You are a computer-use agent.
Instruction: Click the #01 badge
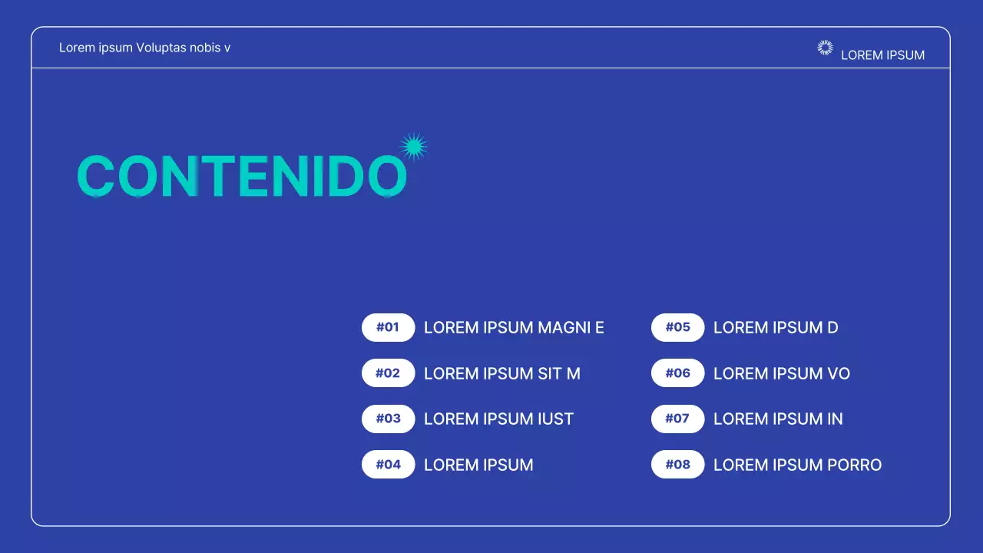click(388, 327)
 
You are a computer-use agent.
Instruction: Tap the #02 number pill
click(388, 373)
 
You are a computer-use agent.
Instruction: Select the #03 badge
click(388, 419)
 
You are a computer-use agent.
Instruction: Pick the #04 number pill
click(388, 465)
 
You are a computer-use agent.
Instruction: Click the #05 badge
click(677, 327)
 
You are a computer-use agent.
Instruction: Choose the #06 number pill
click(677, 373)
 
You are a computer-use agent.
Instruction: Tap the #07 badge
click(677, 419)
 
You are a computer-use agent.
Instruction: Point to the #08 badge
click(677, 465)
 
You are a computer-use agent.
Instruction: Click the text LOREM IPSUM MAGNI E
click(514, 328)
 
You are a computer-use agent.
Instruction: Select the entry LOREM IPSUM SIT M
click(501, 374)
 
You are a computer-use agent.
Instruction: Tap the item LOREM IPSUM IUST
click(498, 419)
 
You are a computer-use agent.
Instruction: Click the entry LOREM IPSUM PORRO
click(797, 465)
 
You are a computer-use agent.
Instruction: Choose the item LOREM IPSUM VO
click(781, 374)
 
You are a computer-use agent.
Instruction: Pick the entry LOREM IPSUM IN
click(778, 419)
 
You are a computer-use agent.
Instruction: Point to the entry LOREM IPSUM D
click(776, 328)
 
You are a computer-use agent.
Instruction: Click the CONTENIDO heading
click(242, 177)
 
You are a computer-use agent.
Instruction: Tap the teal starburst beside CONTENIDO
click(414, 147)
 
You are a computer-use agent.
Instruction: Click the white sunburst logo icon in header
click(825, 48)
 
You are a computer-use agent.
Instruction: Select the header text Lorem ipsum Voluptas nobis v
click(144, 48)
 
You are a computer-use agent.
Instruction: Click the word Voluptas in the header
click(162, 48)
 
